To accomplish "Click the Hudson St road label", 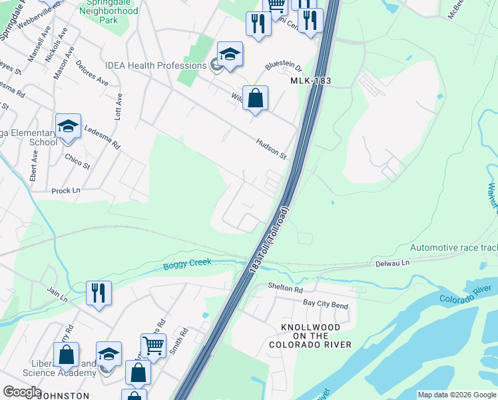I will tap(272, 149).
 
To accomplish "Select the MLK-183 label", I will tap(311, 81).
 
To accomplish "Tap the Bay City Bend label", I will tap(326, 305).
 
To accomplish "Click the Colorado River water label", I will tap(465, 294).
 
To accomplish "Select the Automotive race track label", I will tap(453, 247).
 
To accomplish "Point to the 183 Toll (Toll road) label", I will tap(270, 239).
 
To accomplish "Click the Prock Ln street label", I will tap(66, 191).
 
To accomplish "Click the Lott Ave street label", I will tap(119, 105).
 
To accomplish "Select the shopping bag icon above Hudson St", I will tap(255, 99).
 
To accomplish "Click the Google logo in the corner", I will tap(22, 392).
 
